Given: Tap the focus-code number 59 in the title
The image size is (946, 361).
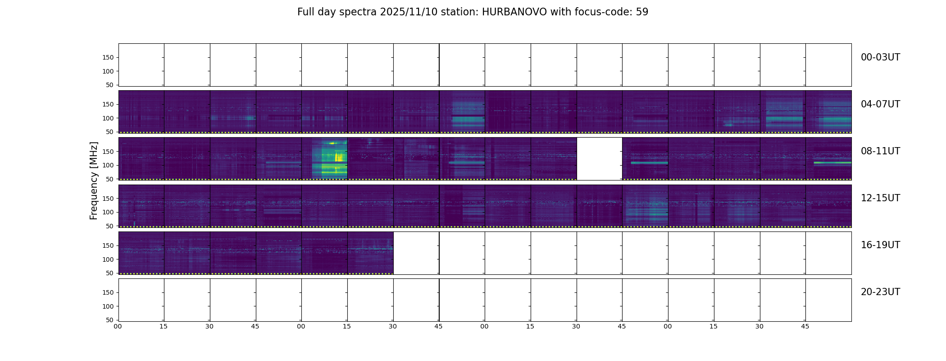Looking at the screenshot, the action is [x=642, y=12].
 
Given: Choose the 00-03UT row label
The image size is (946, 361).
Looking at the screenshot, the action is [x=880, y=57].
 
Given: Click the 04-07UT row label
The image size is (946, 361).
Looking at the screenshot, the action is [x=880, y=104].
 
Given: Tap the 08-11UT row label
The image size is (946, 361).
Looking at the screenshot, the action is [x=880, y=151].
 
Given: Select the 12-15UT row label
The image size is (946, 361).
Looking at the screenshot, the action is [x=880, y=198].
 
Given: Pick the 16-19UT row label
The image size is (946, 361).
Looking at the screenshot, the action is [x=880, y=245].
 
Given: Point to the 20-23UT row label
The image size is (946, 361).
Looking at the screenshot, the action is [x=880, y=292].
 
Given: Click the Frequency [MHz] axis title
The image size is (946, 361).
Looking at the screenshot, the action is [x=94, y=180].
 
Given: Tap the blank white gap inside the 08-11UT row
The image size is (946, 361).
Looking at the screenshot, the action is [x=599, y=158].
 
